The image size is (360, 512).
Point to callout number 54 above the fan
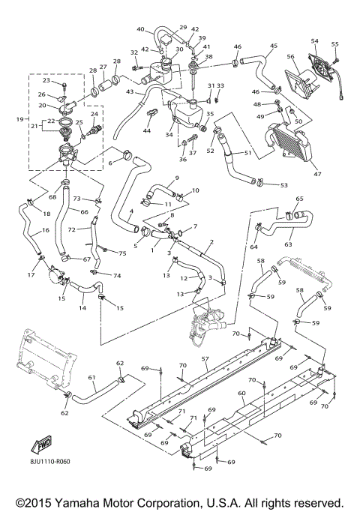(x=314, y=40)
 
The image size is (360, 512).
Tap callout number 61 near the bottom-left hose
(x=91, y=377)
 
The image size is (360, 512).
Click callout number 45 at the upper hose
(x=274, y=45)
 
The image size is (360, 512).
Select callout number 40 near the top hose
(x=140, y=29)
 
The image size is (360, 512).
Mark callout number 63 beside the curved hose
(x=289, y=243)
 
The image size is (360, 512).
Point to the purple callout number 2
(x=212, y=242)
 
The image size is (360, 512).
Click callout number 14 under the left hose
(x=82, y=307)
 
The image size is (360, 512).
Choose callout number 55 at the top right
(x=335, y=43)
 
